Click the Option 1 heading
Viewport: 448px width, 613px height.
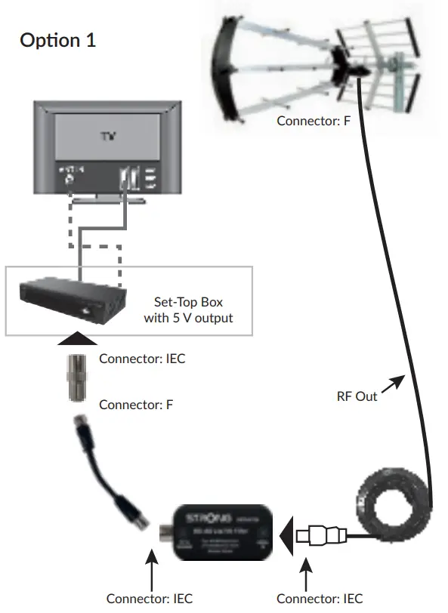coord(57,40)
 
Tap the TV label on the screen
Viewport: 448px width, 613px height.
coord(105,139)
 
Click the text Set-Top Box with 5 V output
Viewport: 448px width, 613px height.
coord(188,310)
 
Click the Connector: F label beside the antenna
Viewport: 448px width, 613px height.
coord(314,120)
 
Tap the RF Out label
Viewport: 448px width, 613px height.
coord(357,396)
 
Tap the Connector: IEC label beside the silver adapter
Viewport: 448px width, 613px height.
coord(142,359)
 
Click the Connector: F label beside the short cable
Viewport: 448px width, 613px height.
coord(136,404)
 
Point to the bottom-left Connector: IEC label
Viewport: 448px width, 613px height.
coord(150,598)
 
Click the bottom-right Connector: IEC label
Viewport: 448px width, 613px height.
coord(320,598)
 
